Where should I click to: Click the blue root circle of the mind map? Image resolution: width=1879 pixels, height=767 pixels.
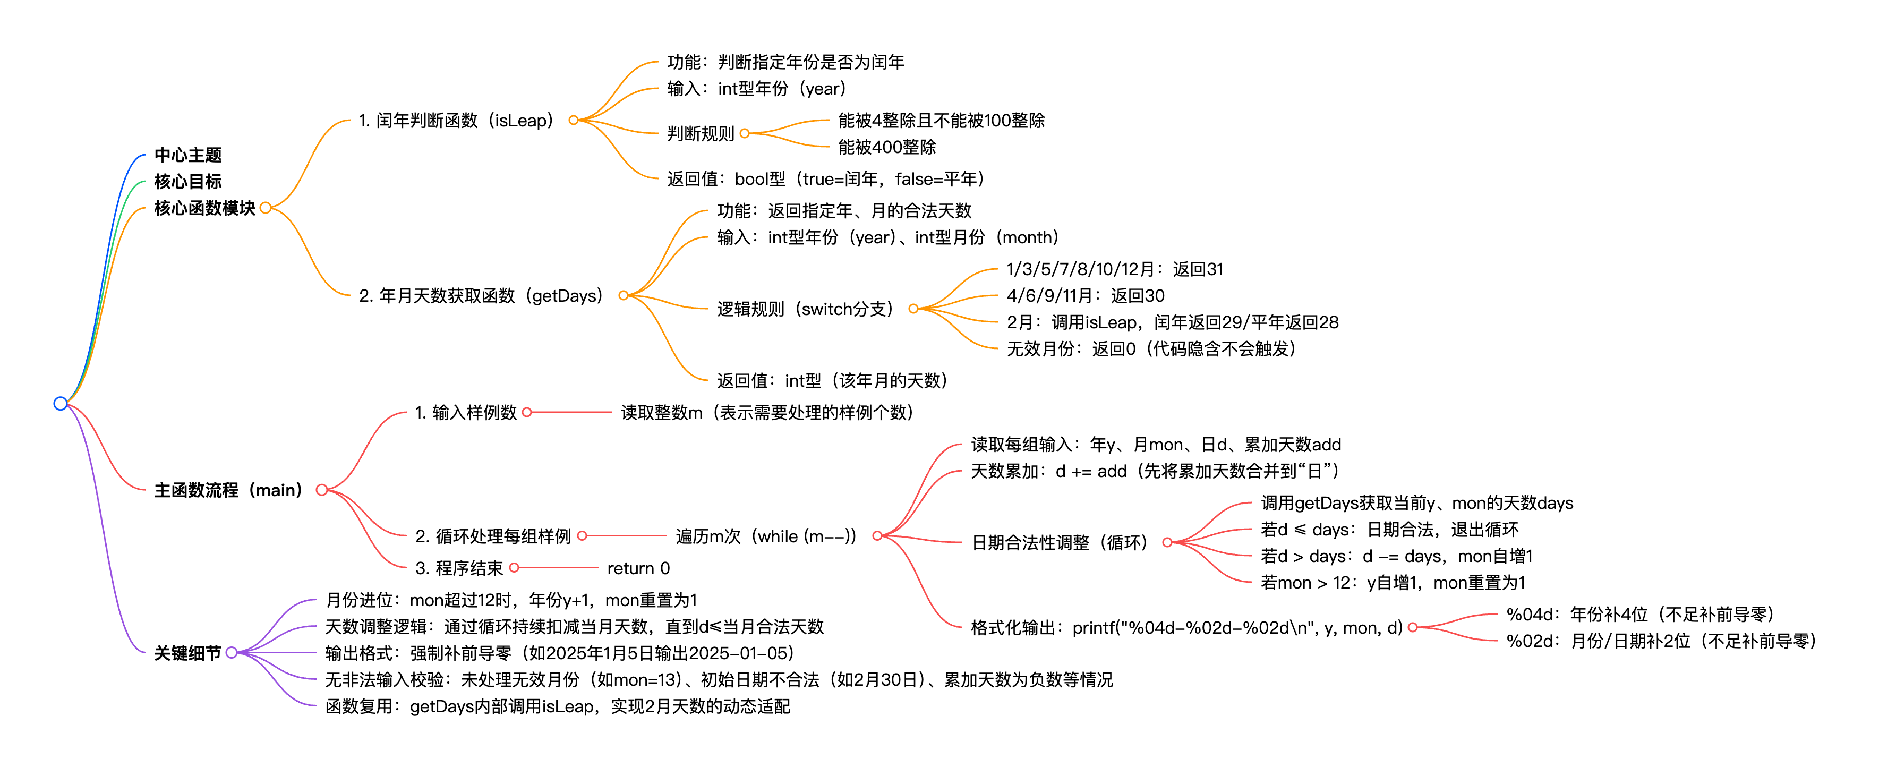pos(61,404)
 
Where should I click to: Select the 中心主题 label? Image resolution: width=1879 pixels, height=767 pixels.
pos(187,155)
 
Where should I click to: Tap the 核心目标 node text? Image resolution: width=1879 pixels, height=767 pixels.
pos(187,181)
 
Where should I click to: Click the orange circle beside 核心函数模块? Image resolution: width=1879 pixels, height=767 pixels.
pos(266,208)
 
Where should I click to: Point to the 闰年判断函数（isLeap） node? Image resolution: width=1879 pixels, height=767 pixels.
pos(456,121)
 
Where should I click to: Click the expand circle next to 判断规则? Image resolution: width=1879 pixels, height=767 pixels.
pos(745,133)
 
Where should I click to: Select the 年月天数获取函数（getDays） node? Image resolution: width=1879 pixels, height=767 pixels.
pos(481,295)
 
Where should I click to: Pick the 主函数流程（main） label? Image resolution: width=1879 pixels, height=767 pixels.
pos(228,490)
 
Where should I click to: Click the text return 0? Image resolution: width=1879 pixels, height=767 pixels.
pos(638,568)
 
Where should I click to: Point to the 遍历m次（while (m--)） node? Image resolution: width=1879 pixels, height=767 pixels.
pos(766,536)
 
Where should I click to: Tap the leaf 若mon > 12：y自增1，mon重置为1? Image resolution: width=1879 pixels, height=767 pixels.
pos(1393,582)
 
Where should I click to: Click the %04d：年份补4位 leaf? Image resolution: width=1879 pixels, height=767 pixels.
pos(1639,615)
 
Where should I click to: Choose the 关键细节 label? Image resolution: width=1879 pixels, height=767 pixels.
pos(187,653)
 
